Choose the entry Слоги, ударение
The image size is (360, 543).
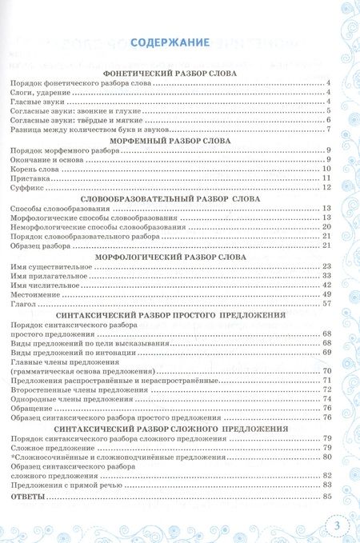(38, 93)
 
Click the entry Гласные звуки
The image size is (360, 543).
(37, 102)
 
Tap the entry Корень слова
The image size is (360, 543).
(37, 169)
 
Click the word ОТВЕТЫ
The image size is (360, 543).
(30, 497)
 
